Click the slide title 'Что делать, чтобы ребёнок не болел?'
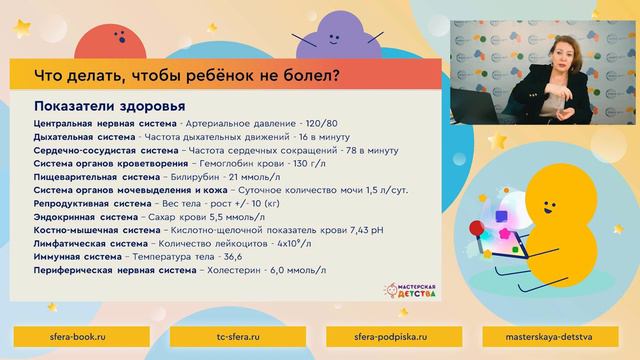(185, 75)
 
